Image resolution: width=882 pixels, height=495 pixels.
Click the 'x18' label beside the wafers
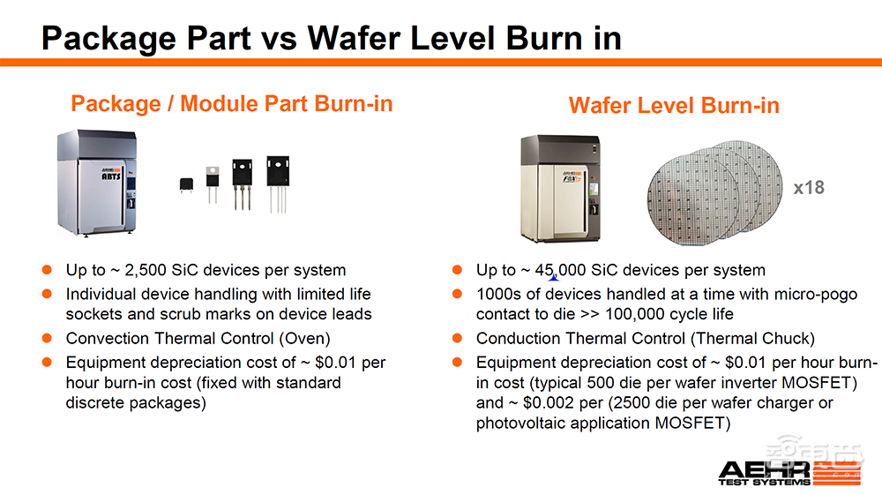point(809,187)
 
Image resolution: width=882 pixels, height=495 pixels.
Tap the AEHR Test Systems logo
point(789,473)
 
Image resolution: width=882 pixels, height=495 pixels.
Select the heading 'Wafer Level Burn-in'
point(674,106)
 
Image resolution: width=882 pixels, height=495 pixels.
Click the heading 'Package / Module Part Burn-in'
point(232,104)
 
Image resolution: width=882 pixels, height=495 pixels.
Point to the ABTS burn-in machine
point(97,183)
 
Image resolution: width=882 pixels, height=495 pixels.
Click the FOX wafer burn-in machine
point(561,189)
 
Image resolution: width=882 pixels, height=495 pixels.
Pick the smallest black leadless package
point(186,184)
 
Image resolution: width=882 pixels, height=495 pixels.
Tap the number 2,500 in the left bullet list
point(146,271)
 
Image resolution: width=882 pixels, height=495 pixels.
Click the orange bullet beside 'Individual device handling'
point(48,294)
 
